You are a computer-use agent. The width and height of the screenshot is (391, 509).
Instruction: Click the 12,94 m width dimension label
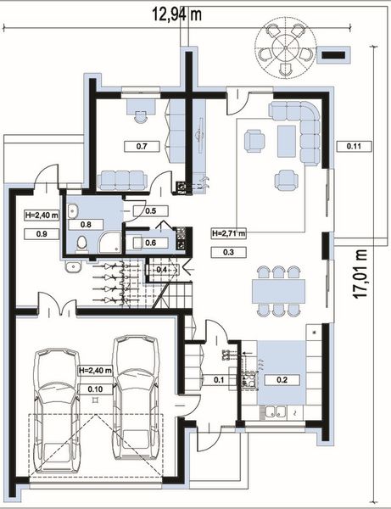coord(177,14)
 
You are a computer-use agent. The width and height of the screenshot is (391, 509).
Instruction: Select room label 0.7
coord(142,147)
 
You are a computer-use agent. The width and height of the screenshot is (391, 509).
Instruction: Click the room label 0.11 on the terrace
coord(354,146)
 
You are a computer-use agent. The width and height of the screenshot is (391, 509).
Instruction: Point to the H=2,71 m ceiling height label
coord(228,233)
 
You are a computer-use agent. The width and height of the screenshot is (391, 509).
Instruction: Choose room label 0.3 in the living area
coord(228,252)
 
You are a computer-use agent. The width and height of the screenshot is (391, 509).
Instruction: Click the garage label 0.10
coord(95,389)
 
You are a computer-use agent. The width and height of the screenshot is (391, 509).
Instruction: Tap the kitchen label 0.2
coord(282,379)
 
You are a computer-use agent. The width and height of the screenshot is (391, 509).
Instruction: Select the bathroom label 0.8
coord(86,224)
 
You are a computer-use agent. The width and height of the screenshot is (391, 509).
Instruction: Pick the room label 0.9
coord(42,234)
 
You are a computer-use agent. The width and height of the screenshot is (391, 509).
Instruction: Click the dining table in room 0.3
coord(279,291)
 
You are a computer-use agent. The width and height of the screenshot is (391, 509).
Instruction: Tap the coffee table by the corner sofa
coord(287,141)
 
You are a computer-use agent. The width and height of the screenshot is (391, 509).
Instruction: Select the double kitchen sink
coord(274,412)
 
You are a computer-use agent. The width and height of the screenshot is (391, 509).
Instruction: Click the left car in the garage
coord(57,408)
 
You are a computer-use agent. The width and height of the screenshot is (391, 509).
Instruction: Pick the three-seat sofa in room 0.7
coord(122,180)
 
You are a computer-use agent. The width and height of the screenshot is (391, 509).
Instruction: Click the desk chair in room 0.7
coord(140,116)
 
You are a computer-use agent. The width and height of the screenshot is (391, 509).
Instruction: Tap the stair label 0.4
coord(162,270)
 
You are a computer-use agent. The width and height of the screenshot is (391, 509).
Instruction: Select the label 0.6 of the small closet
coord(151,243)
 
